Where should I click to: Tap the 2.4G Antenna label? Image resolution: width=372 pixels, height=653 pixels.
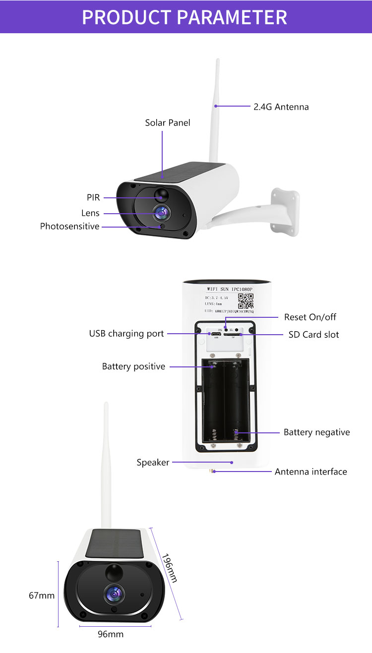pos(281,107)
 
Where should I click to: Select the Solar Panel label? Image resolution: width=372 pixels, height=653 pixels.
pos(168,122)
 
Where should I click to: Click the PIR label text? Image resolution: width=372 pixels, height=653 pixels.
pos(93,197)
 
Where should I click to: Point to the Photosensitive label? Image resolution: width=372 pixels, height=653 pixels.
pos(69,227)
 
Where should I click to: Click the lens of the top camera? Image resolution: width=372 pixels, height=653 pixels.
pos(161,213)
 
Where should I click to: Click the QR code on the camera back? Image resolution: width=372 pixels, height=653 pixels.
pos(246,301)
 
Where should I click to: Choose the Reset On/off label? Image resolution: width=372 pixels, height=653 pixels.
pos(310,317)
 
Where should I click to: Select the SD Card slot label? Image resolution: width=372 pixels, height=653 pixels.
pos(313,335)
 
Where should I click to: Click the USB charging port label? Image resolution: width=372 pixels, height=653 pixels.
pos(126,334)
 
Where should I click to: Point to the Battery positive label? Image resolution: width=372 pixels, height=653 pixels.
pos(133,366)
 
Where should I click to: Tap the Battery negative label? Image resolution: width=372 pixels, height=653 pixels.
pos(316,432)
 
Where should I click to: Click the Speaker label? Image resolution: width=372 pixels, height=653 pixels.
pos(153,463)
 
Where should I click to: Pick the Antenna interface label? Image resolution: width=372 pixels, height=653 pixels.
pos(311,472)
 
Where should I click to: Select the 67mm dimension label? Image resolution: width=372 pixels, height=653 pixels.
pos(42,595)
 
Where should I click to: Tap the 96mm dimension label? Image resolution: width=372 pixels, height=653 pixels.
pos(111,634)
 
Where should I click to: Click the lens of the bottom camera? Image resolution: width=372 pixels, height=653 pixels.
pos(114,593)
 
